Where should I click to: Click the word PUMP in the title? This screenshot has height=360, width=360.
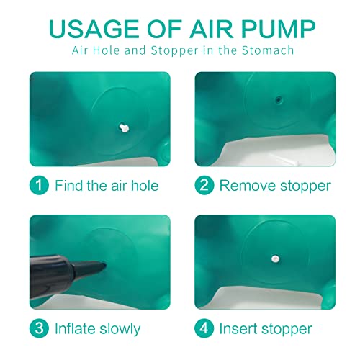pos(278,29)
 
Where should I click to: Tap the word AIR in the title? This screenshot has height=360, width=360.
pos(211,29)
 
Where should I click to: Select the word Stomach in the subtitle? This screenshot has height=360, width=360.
pos(268,50)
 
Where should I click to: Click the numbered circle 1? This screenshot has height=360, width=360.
pos(39,185)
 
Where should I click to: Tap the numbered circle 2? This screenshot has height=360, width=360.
pos(204,185)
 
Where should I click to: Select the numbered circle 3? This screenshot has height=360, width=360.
pos(39,328)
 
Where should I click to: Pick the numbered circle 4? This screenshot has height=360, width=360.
pos(204,328)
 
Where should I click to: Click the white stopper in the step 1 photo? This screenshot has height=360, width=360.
pos(124,128)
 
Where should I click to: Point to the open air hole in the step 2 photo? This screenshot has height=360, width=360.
pos(279,99)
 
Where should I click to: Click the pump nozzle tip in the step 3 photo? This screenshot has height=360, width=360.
pos(104,265)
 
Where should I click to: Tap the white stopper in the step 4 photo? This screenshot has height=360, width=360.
pos(275,258)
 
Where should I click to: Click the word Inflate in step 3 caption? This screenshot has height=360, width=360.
pos(75,328)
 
